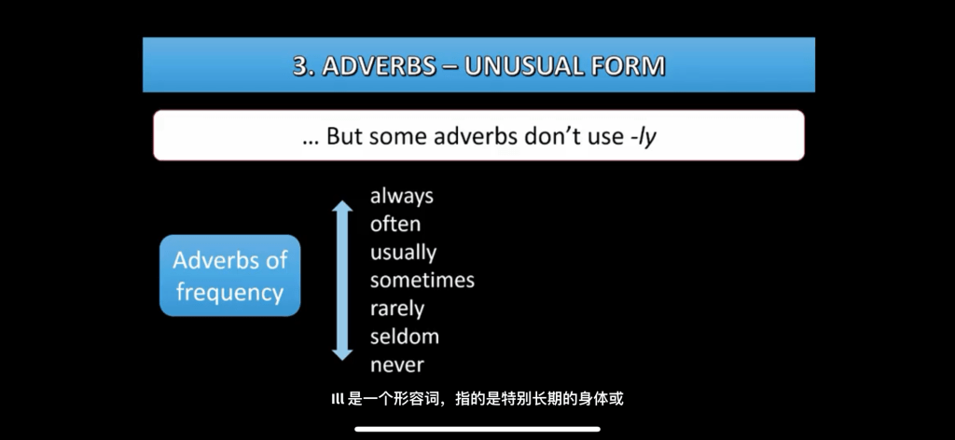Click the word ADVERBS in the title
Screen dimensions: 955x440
[379, 66]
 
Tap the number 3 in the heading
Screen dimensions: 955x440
[299, 66]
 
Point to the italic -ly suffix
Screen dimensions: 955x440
[644, 136]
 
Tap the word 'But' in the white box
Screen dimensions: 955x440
[345, 136]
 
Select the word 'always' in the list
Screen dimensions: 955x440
[402, 197]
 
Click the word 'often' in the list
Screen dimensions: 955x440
[395, 224]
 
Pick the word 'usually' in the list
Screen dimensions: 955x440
[403, 253]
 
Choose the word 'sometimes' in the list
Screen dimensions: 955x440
[422, 280]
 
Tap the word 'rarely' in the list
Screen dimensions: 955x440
[397, 309]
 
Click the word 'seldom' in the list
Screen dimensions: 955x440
[405, 337]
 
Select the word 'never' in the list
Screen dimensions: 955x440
[397, 365]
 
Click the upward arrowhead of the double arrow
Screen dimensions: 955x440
[342, 206]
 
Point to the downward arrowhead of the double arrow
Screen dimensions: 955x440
[342, 354]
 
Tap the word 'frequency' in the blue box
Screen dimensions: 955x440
[229, 293]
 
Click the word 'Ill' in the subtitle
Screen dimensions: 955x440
[338, 400]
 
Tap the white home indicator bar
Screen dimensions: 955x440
[477, 429]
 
